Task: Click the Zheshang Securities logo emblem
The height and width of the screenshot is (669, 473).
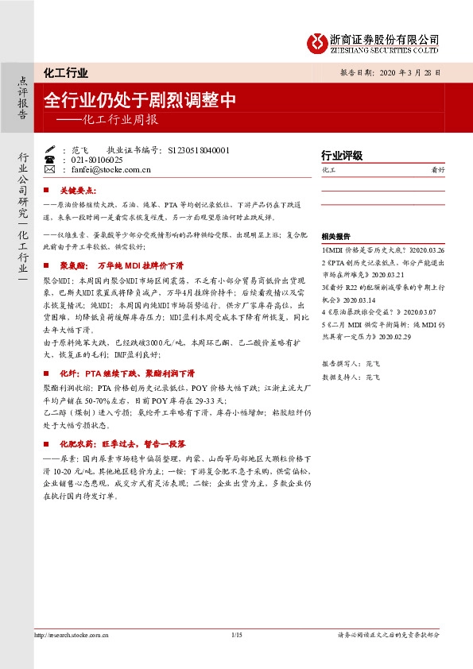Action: (318, 41)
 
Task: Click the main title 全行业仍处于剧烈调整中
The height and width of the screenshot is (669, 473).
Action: (141, 100)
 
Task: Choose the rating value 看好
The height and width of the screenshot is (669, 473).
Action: (437, 170)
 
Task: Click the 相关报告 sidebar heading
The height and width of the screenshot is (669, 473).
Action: (335, 237)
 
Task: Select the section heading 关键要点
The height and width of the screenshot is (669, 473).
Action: (79, 191)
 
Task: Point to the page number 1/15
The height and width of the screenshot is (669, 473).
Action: (235, 634)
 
